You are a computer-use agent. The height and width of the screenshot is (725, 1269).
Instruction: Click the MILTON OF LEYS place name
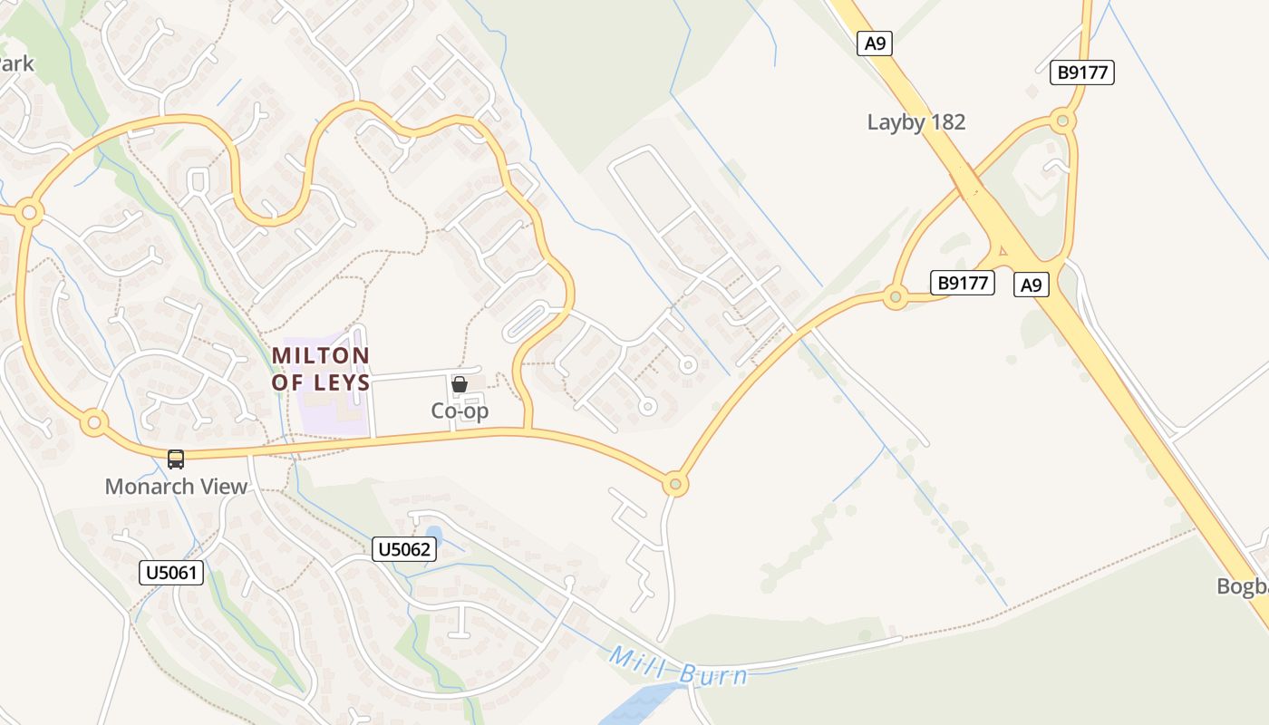pyautogui.click(x=321, y=368)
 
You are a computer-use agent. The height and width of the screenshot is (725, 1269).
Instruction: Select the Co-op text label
pyautogui.click(x=460, y=411)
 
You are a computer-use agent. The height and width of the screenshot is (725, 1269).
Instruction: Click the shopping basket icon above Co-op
pyautogui.click(x=460, y=384)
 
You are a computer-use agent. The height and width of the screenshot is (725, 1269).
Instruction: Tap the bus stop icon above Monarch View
pyautogui.click(x=176, y=459)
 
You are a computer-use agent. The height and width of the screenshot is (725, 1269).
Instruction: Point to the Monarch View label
pyautogui.click(x=176, y=487)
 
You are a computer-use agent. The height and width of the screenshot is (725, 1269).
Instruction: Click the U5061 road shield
pyautogui.click(x=171, y=573)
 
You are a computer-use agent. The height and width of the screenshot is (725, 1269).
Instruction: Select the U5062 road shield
pyautogui.click(x=404, y=548)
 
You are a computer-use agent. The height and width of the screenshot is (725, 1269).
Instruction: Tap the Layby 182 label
pyautogui.click(x=916, y=122)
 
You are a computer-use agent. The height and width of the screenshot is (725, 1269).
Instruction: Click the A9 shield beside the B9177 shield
pyautogui.click(x=1032, y=285)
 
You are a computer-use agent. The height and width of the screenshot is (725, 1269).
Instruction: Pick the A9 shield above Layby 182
pyautogui.click(x=875, y=43)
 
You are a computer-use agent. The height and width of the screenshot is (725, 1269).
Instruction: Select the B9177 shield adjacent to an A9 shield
pyautogui.click(x=963, y=283)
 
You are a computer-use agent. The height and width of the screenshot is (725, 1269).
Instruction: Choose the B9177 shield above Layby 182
pyautogui.click(x=1083, y=72)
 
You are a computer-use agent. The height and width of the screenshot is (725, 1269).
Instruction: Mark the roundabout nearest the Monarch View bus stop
pyautogui.click(x=93, y=422)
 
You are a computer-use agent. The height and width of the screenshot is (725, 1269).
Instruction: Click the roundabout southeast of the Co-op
pyautogui.click(x=674, y=484)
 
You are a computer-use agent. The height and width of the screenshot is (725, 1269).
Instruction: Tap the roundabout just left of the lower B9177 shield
pyautogui.click(x=896, y=296)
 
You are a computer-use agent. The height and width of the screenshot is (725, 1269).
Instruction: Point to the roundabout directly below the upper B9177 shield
pyautogui.click(x=1062, y=121)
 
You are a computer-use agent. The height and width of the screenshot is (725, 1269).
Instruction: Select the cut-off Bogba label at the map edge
pyautogui.click(x=1243, y=586)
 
